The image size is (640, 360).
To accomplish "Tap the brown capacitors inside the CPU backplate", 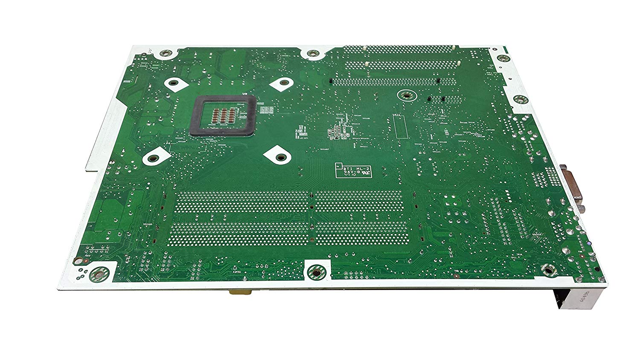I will [222, 114].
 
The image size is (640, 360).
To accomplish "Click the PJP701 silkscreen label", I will [237, 271].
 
